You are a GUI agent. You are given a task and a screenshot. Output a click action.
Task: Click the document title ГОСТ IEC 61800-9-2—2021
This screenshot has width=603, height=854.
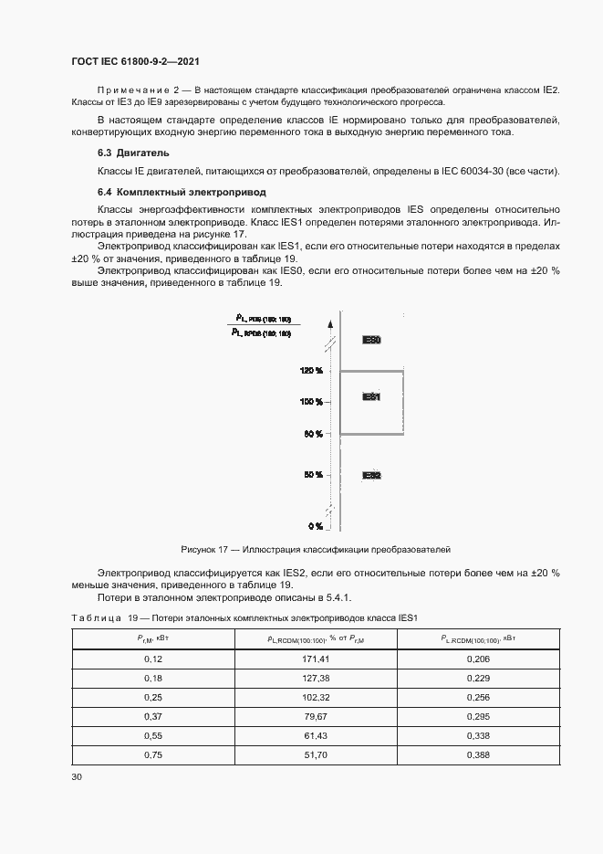tap(135, 61)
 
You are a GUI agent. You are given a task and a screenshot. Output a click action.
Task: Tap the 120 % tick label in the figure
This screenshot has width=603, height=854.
tap(311, 371)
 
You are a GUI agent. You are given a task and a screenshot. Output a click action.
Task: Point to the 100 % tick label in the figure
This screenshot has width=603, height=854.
tap(311, 402)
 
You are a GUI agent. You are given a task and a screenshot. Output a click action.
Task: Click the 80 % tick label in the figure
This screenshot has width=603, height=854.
tap(313, 434)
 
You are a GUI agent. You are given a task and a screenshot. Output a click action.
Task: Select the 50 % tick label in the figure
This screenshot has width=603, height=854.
tap(313, 475)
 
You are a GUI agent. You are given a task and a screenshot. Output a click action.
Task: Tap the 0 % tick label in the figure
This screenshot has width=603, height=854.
tap(315, 526)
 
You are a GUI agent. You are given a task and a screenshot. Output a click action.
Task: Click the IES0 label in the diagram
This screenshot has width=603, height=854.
tap(371, 340)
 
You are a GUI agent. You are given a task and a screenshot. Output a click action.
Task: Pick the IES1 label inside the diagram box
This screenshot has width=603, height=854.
tap(371, 397)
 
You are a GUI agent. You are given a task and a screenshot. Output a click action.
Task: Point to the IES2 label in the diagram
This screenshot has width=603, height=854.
tap(371, 475)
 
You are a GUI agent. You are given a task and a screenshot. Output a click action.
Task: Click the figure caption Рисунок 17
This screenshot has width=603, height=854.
tap(315, 550)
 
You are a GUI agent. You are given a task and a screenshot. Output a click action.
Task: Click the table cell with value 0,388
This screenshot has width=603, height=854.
tap(477, 754)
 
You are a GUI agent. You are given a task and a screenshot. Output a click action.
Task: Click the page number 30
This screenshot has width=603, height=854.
tap(77, 776)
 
